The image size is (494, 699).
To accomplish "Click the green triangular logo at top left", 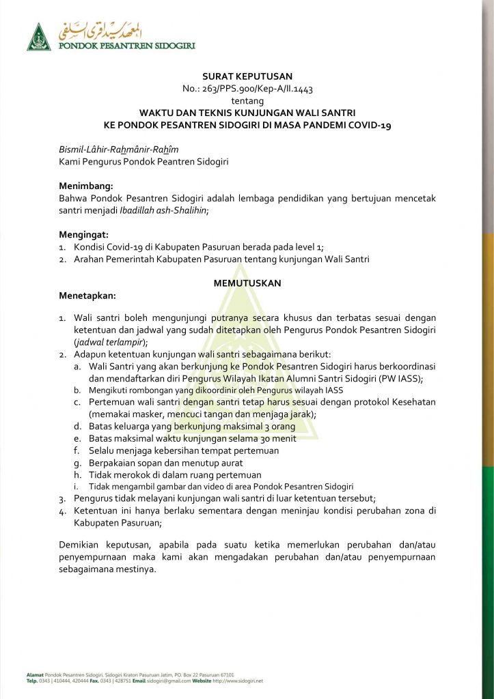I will (39, 38).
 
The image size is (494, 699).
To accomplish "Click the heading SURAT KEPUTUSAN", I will (247, 77).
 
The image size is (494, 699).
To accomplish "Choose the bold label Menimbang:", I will (85, 186).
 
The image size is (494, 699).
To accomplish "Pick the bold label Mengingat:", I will (83, 234).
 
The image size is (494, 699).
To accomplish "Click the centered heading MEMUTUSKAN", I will (247, 283).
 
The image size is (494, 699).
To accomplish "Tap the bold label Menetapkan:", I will (87, 295).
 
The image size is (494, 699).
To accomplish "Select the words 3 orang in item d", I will (276, 426).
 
